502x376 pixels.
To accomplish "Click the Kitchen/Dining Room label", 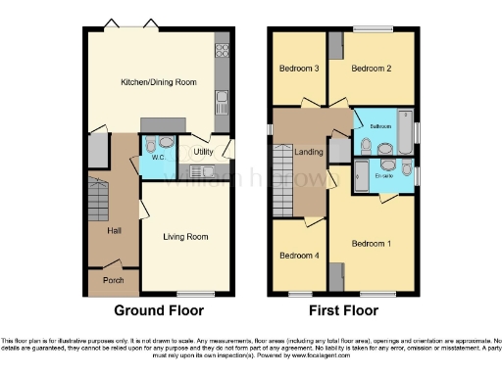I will coord(155,82).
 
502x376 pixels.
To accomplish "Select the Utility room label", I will coord(203,152).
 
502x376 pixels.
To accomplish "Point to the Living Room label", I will coord(185,236).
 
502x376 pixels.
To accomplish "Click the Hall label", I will coord(115,230).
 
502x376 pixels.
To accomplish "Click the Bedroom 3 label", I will coord(298,69).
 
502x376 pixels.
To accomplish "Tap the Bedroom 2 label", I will coord(372,69).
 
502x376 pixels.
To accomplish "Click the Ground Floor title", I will coord(159,311).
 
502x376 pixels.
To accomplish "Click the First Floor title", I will coord(343,311).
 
